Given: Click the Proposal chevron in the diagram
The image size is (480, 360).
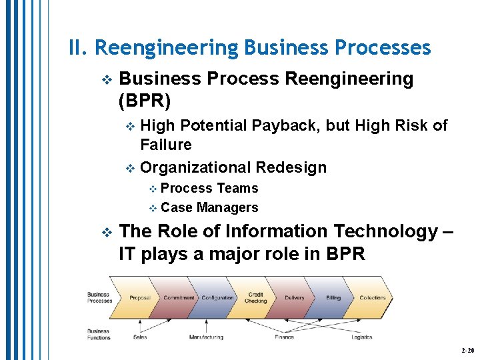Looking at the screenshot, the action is [x=139, y=298].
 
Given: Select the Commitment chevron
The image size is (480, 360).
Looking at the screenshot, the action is [x=179, y=298].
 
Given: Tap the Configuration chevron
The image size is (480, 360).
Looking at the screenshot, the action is [x=217, y=298].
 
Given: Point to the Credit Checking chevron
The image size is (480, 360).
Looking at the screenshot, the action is [x=255, y=297].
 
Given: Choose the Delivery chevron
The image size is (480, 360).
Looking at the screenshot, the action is [x=294, y=298].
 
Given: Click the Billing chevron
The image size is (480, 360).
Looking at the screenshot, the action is [x=333, y=298].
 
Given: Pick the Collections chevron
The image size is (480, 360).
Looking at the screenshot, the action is [x=373, y=298].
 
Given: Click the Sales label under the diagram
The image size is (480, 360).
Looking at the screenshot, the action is [x=140, y=337].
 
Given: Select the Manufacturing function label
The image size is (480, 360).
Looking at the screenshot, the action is [x=206, y=337].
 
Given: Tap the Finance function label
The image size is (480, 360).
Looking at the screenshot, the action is [x=284, y=337].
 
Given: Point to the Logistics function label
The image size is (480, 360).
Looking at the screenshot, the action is [x=362, y=337].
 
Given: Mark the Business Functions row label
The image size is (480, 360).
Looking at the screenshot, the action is [x=98, y=334].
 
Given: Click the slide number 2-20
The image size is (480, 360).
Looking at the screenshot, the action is [x=467, y=350].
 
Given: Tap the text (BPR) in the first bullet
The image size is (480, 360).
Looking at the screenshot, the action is [x=144, y=101].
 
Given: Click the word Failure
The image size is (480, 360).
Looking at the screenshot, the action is [x=165, y=145].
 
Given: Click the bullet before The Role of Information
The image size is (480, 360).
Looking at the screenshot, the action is [x=105, y=232].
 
